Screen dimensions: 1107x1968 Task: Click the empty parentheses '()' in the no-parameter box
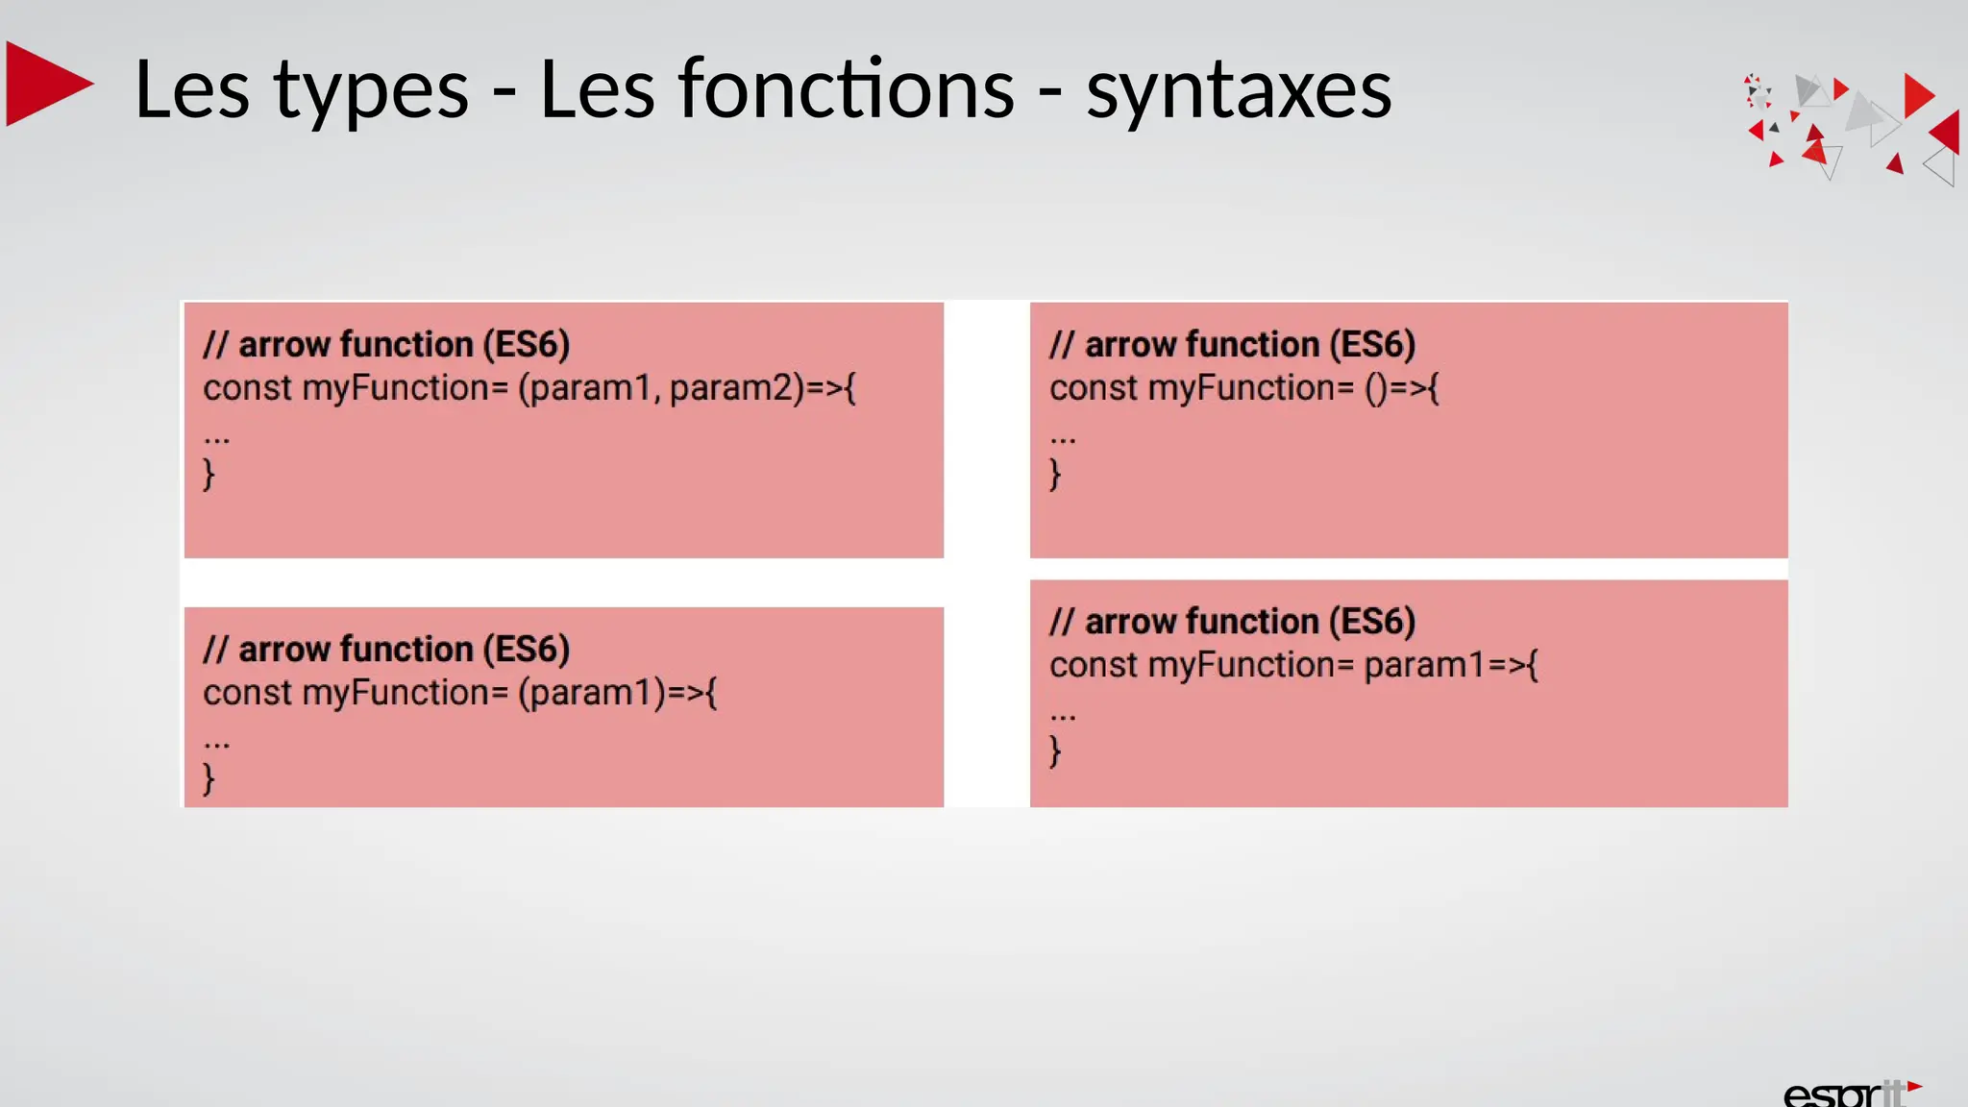(x=1376, y=389)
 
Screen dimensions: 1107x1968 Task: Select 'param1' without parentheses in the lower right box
(x=1424, y=665)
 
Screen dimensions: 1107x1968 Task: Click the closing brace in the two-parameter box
(x=209, y=474)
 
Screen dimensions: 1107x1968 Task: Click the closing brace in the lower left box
(x=209, y=778)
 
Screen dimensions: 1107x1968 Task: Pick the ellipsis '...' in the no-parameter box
(x=1063, y=439)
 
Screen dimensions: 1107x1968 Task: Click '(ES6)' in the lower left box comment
(x=526, y=650)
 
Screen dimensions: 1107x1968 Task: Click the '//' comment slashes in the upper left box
(x=215, y=344)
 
